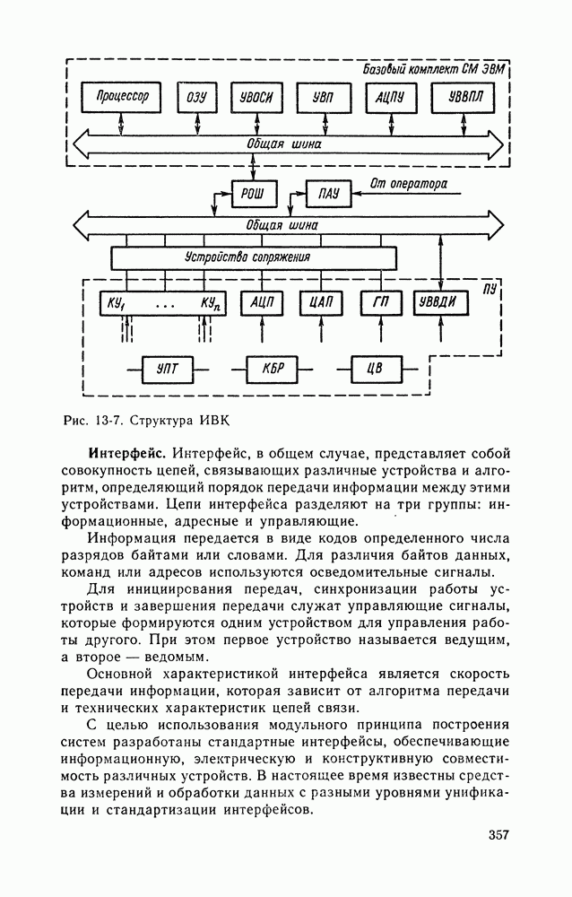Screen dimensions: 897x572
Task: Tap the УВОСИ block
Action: point(257,97)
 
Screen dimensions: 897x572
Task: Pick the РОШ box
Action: point(254,193)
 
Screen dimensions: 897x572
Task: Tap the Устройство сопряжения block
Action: point(253,257)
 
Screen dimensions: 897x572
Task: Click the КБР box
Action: point(272,368)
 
